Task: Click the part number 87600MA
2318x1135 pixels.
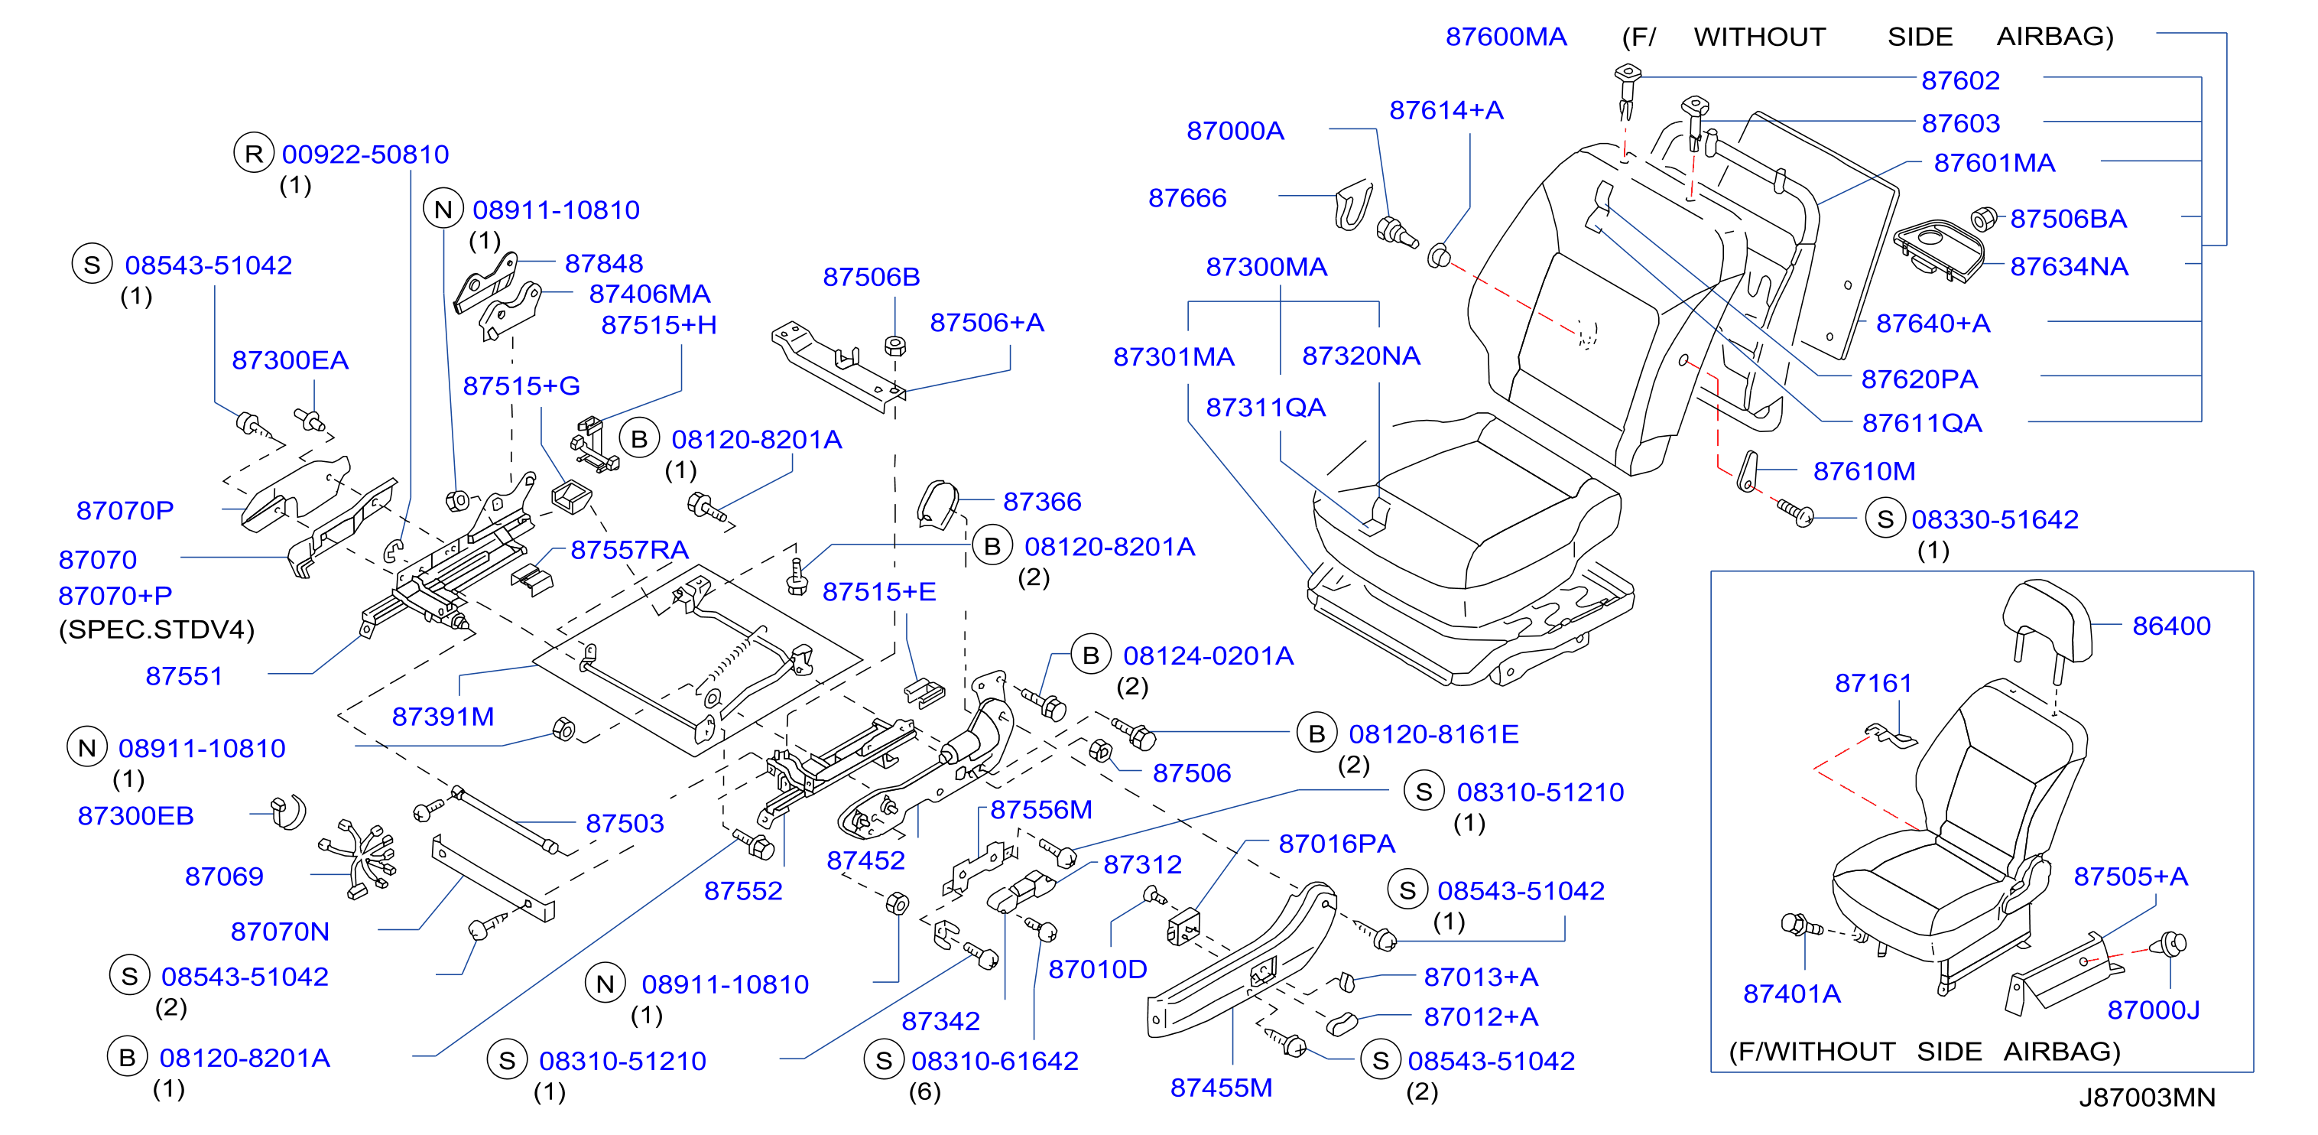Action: (x=1505, y=37)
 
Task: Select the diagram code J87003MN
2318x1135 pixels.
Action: (x=2147, y=1098)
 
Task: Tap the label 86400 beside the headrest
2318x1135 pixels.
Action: (x=2171, y=626)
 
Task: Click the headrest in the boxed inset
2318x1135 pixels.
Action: (x=2047, y=621)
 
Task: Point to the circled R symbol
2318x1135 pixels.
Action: (x=254, y=154)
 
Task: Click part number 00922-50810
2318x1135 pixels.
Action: (x=365, y=154)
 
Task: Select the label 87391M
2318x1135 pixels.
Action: (x=443, y=717)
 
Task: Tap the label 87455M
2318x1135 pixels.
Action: (x=1221, y=1088)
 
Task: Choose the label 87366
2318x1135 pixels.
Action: (x=1042, y=502)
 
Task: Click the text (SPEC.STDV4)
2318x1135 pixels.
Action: (x=157, y=629)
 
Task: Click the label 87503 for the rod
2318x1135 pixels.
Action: (x=625, y=823)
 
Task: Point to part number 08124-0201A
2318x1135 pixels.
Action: (x=1208, y=655)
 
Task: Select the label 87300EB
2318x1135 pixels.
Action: (x=135, y=815)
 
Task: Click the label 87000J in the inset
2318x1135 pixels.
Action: (x=2154, y=1010)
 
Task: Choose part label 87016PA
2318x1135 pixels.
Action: (x=1336, y=844)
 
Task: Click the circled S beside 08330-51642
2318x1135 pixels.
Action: (x=1885, y=519)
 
